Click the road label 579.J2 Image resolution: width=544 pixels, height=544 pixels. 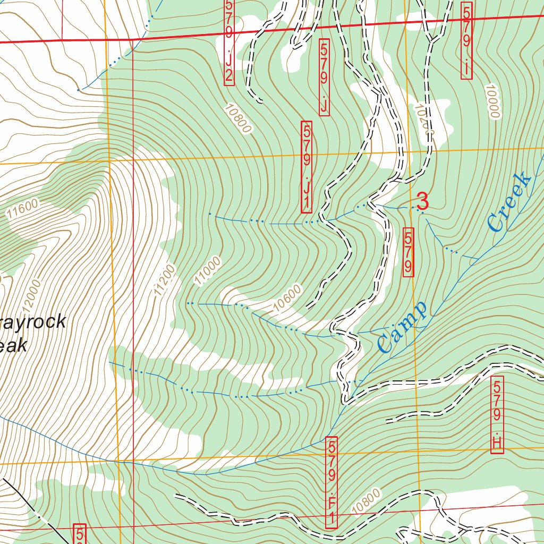pos(229,41)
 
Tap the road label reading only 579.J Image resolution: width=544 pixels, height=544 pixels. pos(324,77)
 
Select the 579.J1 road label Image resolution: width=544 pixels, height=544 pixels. pos(307,167)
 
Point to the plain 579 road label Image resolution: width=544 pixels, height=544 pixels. pos(408,252)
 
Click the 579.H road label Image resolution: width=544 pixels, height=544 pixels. pos(497,415)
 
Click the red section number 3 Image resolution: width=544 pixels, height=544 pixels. pos(423,201)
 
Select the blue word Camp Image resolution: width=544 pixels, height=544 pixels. pos(403,328)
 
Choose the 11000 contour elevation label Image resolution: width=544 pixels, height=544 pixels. pos(207,271)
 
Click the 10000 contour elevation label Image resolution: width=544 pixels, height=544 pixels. pos(493,101)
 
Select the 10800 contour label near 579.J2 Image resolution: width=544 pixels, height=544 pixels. pos(237,117)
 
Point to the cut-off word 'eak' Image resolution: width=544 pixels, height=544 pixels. pos(13,346)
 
